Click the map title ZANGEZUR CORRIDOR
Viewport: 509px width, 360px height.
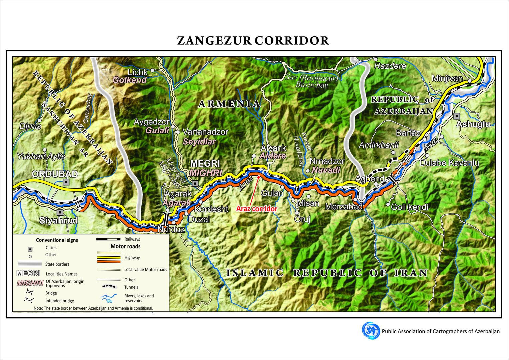click(253, 41)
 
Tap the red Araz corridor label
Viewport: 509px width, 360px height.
click(257, 209)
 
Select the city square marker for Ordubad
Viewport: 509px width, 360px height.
click(66, 182)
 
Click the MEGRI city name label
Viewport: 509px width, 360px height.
click(205, 164)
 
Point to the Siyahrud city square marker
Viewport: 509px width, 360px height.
click(60, 212)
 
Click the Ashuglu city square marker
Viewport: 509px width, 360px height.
click(457, 116)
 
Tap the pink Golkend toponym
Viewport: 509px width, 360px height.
click(130, 80)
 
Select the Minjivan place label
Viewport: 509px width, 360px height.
click(447, 79)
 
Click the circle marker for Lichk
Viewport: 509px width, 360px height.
click(152, 70)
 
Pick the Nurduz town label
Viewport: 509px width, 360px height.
click(171, 229)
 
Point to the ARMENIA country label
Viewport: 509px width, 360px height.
click(229, 104)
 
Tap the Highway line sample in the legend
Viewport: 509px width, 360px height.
click(109, 257)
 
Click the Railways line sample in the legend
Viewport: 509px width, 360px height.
click(109, 239)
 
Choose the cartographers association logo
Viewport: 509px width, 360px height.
click(371, 331)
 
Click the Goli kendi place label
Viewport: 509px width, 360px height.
click(409, 207)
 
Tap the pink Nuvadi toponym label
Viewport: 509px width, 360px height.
click(326, 170)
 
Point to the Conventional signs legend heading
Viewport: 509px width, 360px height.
click(57, 240)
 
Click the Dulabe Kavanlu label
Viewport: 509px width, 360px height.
click(449, 163)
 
